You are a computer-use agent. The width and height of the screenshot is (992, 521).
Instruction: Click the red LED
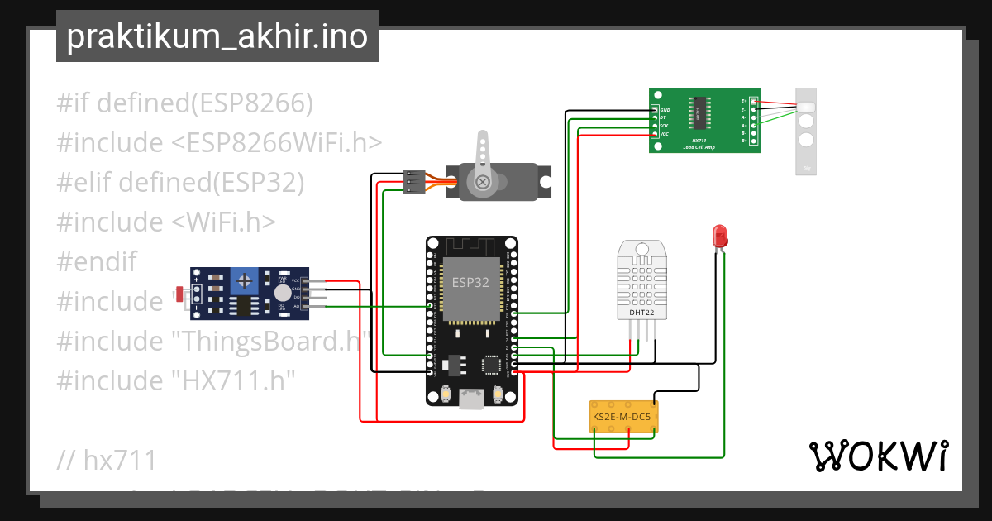tap(719, 235)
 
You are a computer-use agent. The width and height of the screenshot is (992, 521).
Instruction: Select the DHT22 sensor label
tap(641, 313)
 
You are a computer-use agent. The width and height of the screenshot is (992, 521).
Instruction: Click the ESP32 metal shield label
tap(470, 282)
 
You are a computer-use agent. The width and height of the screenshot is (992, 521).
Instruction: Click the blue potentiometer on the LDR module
tap(245, 281)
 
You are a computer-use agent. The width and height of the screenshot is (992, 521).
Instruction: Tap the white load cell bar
tap(805, 131)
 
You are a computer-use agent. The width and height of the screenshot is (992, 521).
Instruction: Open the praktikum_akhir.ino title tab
tap(217, 36)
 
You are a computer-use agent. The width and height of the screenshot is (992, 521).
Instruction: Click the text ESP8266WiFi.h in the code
tap(277, 143)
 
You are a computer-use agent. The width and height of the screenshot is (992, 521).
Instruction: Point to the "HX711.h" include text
tap(233, 380)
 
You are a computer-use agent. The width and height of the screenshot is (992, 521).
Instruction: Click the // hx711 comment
tap(107, 460)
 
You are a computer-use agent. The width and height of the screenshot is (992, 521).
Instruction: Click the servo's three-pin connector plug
tap(413, 181)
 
